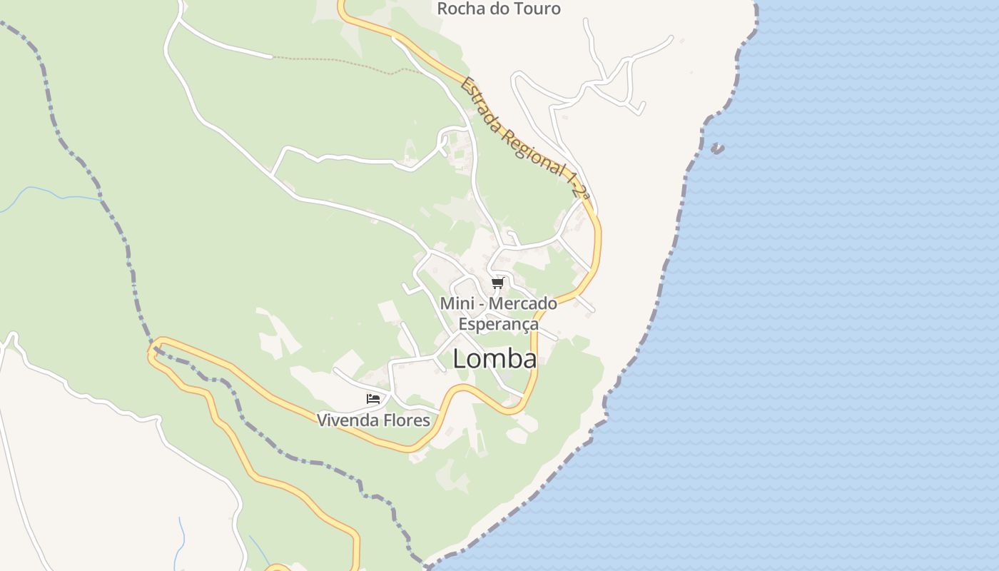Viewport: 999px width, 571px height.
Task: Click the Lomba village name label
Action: coord(495,359)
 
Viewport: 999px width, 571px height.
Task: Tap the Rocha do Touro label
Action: coord(499,9)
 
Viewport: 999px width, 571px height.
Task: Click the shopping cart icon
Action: coord(497,283)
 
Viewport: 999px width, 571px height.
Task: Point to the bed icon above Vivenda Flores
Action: coord(372,398)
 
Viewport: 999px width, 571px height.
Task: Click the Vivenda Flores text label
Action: coord(373,420)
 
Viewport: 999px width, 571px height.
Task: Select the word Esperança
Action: coord(498,324)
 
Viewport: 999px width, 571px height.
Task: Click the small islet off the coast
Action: coord(717,148)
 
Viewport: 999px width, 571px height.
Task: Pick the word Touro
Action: coord(534,9)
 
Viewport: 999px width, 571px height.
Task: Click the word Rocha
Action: coord(461,9)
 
